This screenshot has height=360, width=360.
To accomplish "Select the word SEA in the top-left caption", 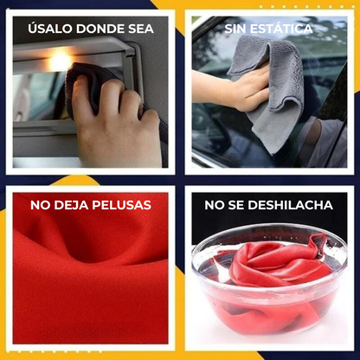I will coord(139,29).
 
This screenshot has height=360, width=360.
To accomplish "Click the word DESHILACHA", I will coord(290,205).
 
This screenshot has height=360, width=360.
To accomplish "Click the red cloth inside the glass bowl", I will coord(277,264).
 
